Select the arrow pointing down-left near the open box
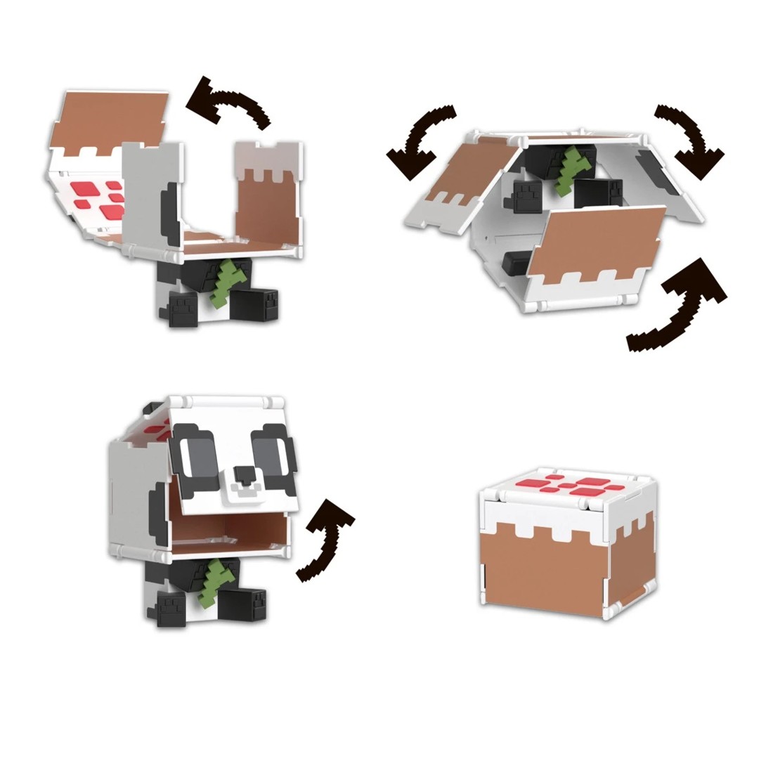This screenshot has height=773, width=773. pos(420,141)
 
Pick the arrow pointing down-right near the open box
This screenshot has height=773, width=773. pos(690,141)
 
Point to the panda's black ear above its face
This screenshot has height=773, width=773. pos(150,408)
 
